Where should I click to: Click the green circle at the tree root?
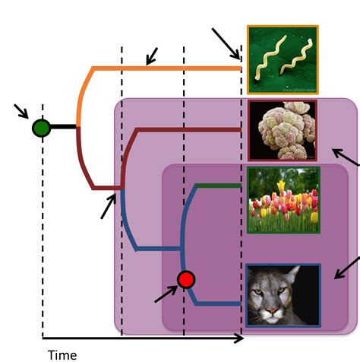click(42, 128)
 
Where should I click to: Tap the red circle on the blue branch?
click(186, 280)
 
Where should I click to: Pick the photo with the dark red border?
click(283, 130)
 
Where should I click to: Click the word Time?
click(62, 354)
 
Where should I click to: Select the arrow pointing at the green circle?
click(21, 113)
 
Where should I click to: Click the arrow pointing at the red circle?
click(166, 293)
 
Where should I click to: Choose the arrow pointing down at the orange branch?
click(152, 56)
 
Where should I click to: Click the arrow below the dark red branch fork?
click(109, 206)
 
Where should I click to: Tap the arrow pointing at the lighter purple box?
click(346, 158)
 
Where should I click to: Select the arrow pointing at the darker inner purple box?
click(351, 267)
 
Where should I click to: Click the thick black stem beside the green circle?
click(65, 128)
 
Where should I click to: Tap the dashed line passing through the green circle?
click(43, 228)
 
